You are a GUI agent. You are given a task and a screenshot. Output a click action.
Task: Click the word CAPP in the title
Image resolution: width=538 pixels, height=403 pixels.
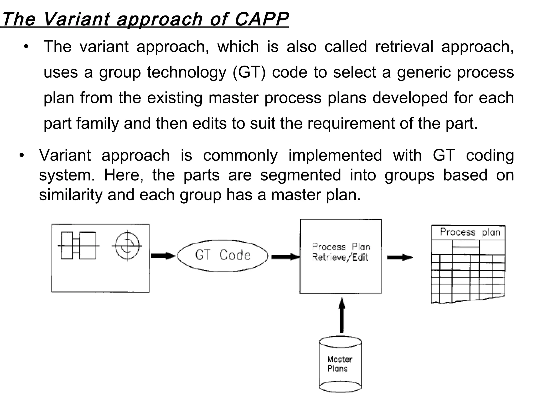261,19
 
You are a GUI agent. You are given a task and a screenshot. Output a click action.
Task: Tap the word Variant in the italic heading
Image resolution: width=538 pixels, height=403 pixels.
76,19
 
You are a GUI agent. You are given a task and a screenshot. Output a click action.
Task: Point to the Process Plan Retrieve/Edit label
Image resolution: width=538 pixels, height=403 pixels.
341,252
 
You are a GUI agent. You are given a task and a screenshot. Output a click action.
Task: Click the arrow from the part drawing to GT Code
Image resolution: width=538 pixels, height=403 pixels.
163,256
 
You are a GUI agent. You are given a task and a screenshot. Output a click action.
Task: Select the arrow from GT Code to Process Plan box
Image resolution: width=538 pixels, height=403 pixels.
285,257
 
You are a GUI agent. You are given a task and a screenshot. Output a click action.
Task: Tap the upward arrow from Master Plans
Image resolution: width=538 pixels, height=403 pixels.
342,315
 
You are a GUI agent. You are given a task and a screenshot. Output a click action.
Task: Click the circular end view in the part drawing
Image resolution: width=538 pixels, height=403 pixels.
127,246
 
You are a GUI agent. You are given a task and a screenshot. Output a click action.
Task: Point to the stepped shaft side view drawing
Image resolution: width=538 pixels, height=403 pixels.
78,246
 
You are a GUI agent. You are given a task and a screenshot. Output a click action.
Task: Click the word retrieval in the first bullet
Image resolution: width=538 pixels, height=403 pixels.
404,47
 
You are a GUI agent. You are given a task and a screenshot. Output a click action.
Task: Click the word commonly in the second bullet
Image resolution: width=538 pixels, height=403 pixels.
240,155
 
